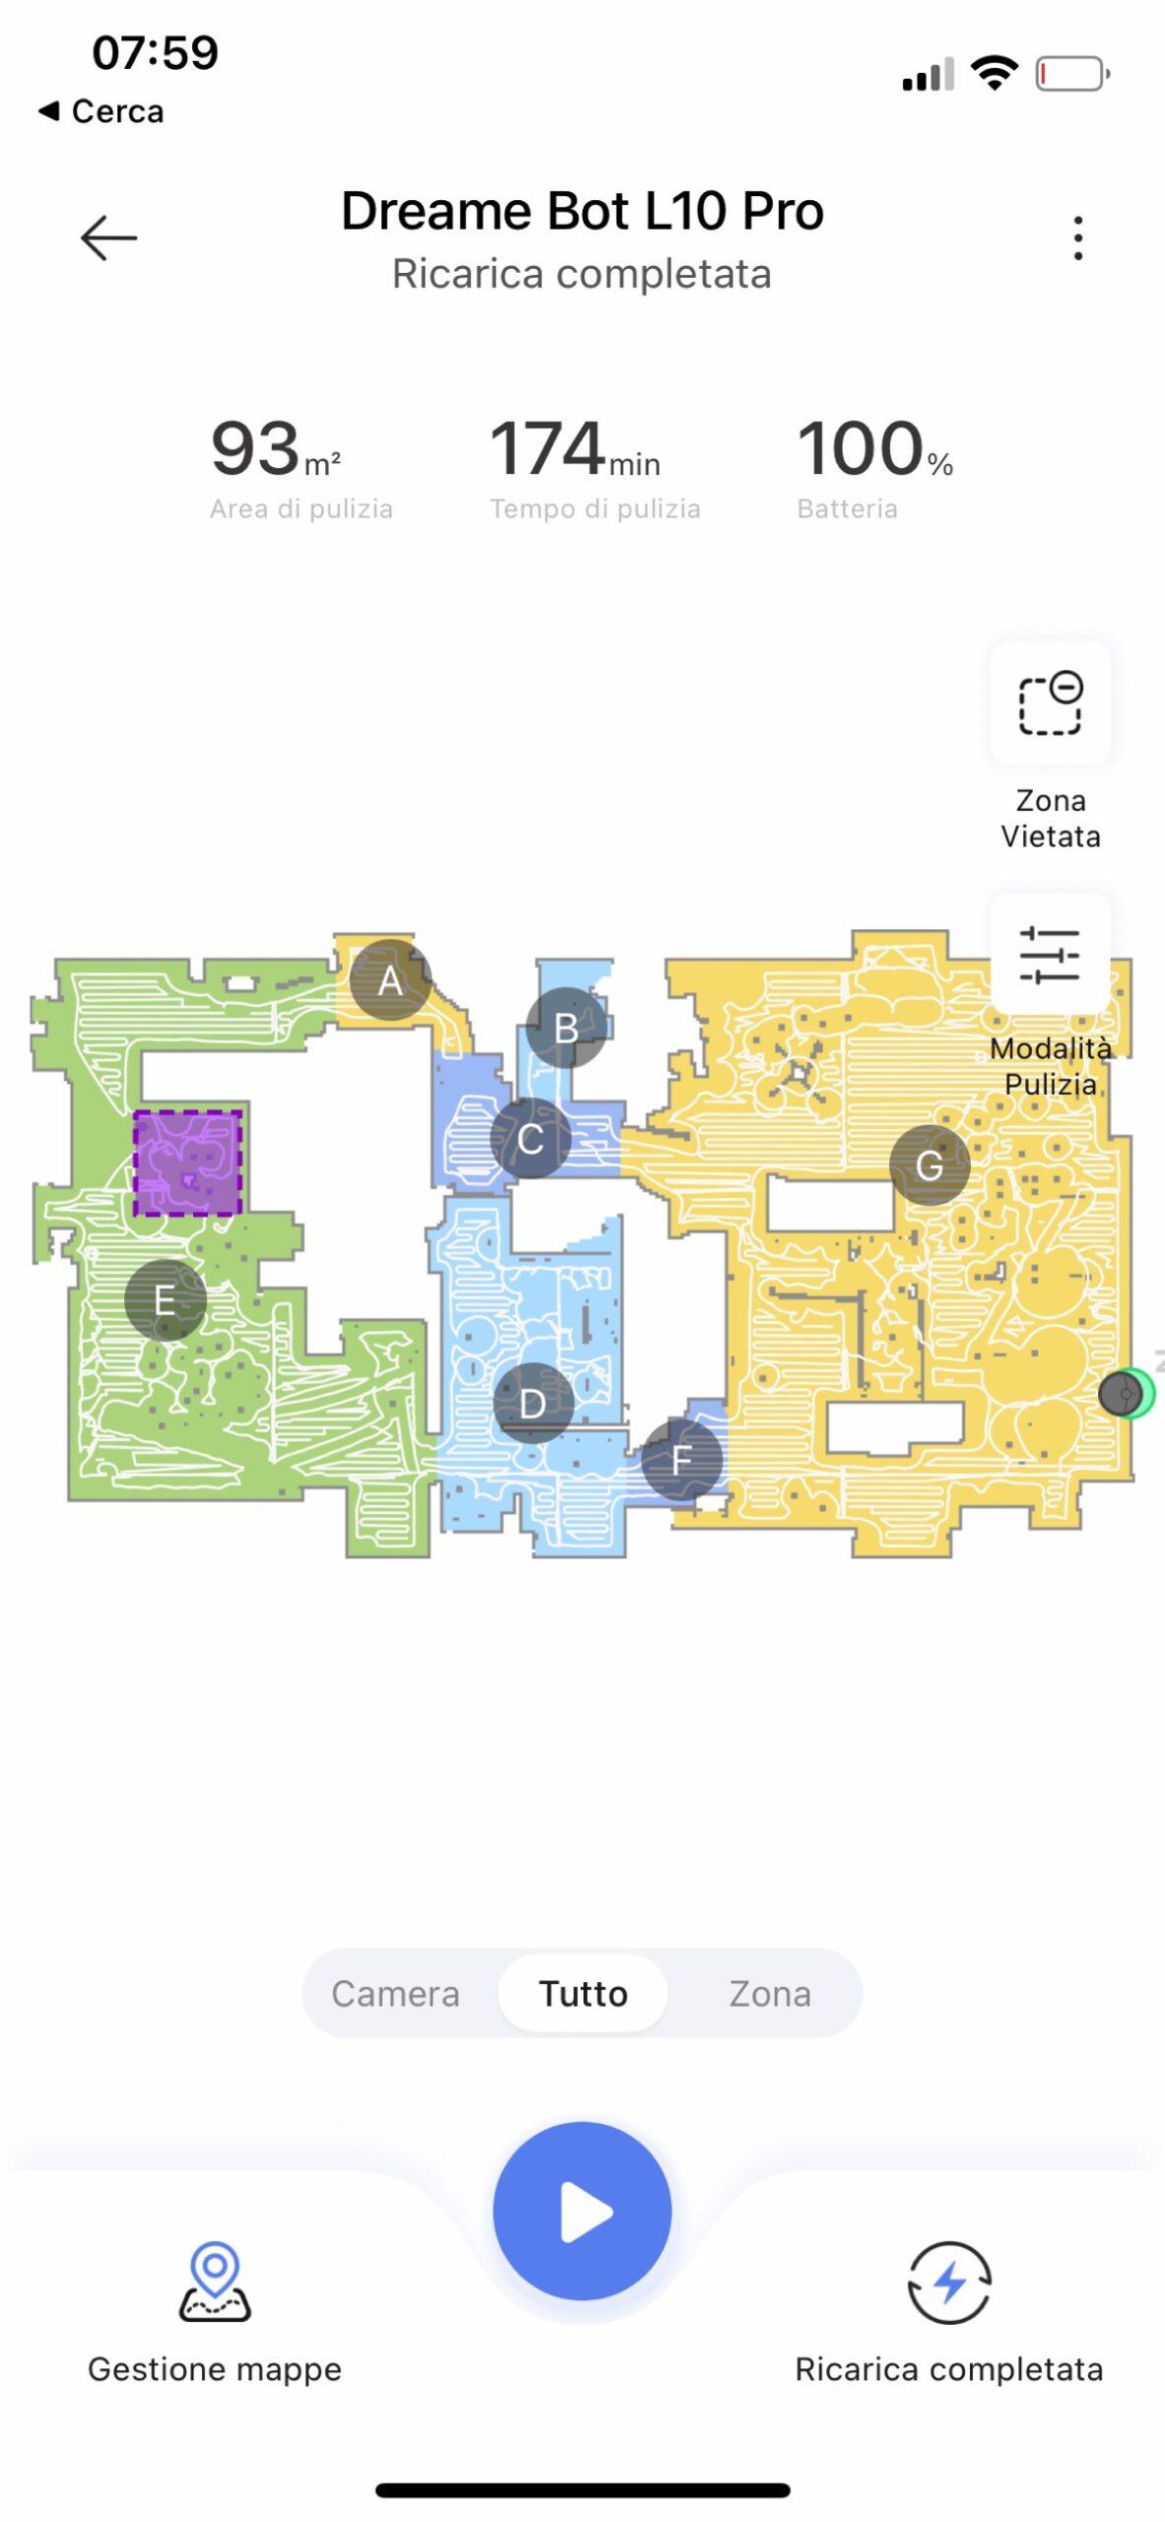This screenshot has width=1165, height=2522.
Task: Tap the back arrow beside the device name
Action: click(x=108, y=237)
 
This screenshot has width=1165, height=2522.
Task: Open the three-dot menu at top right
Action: click(x=1078, y=237)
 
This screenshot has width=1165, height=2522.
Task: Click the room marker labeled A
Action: click(x=390, y=979)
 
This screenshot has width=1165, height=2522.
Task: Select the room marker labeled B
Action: click(x=566, y=1028)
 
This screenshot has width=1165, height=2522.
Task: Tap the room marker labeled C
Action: click(x=531, y=1139)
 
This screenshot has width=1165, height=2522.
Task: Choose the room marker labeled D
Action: click(x=533, y=1402)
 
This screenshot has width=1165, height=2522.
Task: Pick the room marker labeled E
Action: click(x=165, y=1299)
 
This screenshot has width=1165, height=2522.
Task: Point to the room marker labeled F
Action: click(x=681, y=1459)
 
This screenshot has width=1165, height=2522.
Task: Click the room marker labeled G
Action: click(x=930, y=1165)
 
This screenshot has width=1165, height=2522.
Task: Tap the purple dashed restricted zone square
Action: click(x=187, y=1162)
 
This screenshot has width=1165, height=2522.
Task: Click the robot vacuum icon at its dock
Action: click(x=1121, y=1393)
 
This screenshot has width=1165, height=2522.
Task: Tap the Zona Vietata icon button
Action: click(x=1050, y=702)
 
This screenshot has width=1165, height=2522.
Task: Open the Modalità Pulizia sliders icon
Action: click(x=1050, y=954)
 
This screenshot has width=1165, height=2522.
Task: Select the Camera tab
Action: click(x=395, y=1993)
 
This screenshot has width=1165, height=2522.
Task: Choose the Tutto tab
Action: click(x=583, y=1993)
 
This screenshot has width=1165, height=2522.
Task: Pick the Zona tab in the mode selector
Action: click(x=770, y=1993)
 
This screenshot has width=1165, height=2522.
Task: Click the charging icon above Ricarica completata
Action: click(x=949, y=2282)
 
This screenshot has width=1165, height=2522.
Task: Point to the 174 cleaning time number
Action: click(x=548, y=448)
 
